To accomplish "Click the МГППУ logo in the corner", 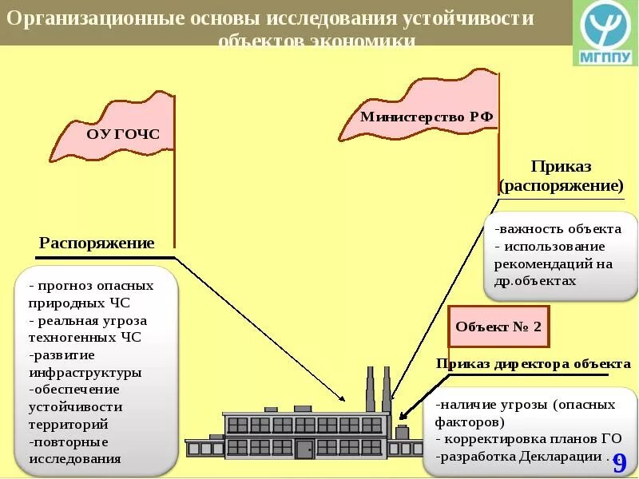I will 605,34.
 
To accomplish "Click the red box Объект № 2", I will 498,327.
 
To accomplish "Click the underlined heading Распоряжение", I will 97,243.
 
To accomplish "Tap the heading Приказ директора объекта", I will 533,364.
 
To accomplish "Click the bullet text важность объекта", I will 547,229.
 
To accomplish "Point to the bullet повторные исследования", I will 77,450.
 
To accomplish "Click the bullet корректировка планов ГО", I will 528,439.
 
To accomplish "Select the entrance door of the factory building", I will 304,448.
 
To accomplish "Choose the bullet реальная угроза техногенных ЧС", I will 87,328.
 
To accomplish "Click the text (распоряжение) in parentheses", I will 561,186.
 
